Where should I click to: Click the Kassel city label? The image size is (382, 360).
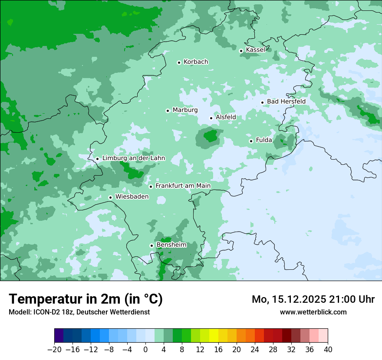click(255, 50)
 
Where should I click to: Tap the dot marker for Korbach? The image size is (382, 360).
click(179, 62)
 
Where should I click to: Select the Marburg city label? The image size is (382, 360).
click(185, 110)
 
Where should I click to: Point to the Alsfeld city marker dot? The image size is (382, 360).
click(211, 118)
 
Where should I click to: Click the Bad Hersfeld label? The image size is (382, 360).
click(286, 101)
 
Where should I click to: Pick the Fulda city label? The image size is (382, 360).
click(264, 140)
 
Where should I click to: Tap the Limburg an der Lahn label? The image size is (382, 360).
click(134, 158)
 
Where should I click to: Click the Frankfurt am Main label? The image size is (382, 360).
click(183, 186)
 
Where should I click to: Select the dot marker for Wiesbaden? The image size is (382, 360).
click(111, 198)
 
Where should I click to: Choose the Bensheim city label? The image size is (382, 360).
click(171, 245)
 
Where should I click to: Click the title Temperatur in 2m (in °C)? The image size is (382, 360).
click(86, 299)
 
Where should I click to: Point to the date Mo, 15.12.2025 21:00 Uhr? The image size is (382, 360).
click(313, 299)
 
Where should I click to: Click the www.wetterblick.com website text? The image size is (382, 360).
click(313, 312)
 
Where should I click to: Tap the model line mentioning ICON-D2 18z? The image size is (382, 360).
click(79, 312)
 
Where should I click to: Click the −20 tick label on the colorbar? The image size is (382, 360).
click(54, 350)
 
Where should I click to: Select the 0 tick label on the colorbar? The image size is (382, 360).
click(145, 350)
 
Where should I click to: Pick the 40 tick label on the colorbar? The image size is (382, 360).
click(328, 350)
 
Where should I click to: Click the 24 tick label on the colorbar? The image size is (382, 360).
click(255, 350)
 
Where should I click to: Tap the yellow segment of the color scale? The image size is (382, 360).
click(214, 336)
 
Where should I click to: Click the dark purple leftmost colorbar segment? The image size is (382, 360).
click(59, 336)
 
